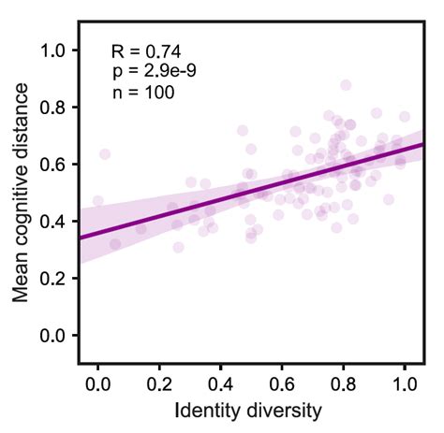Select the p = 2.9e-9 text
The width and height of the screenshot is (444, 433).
[x=154, y=71]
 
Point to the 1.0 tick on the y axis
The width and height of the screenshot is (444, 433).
[x=53, y=50]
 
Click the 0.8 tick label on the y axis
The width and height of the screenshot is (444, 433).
[x=53, y=107]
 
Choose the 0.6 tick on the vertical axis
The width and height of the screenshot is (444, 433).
[x=53, y=164]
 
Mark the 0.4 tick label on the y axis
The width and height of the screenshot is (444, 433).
[x=53, y=221]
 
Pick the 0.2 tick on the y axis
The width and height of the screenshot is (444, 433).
[x=53, y=278]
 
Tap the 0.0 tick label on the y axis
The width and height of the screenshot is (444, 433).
[x=53, y=335]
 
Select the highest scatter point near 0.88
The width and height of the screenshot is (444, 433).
[x=346, y=85]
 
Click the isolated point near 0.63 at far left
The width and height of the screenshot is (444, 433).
[x=105, y=154]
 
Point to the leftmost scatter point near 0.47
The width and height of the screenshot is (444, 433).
[x=98, y=201]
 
